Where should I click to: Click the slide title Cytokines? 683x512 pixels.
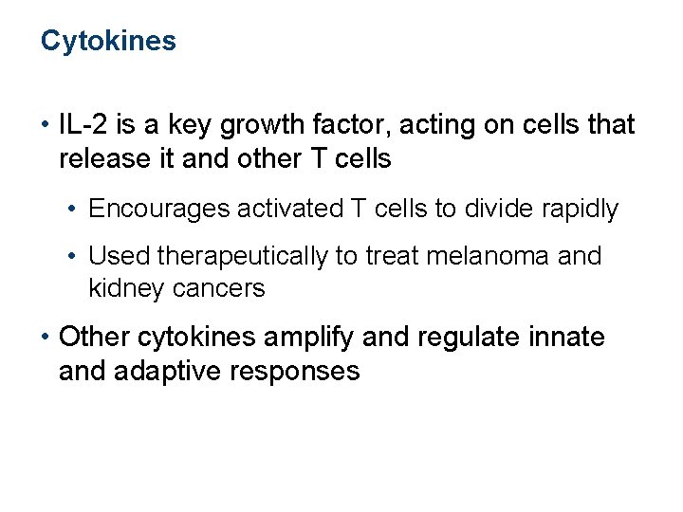[108, 41]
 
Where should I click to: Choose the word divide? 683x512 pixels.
[501, 209]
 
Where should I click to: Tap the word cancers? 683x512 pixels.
[219, 288]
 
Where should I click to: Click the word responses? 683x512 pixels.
[296, 371]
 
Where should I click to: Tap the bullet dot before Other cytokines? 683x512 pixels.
[45, 338]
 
